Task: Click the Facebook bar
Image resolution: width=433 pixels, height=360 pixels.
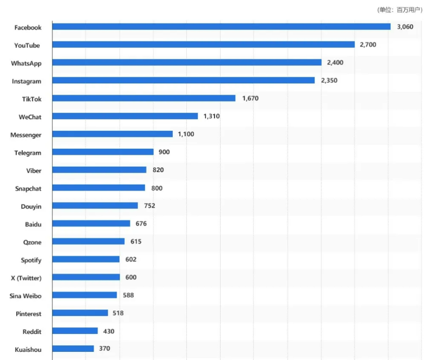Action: click(x=221, y=27)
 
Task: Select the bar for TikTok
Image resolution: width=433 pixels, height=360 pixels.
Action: click(x=144, y=98)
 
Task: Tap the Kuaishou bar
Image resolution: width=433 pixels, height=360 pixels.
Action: click(x=73, y=349)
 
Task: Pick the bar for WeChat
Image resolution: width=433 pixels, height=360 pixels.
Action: click(x=125, y=116)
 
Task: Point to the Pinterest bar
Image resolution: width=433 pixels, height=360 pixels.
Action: click(x=80, y=313)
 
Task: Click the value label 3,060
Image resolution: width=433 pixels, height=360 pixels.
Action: click(x=405, y=27)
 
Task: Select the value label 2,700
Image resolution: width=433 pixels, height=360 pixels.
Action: click(x=369, y=45)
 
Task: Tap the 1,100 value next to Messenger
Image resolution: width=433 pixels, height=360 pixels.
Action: click(x=186, y=134)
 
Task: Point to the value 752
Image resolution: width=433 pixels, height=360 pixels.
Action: click(x=149, y=206)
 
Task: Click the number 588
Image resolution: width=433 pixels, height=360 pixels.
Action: click(x=129, y=295)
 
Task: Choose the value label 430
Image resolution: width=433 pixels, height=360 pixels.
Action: click(x=108, y=331)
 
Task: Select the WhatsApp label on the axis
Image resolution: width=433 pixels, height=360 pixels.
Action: click(x=26, y=63)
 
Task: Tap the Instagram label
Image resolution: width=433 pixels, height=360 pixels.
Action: click(x=27, y=81)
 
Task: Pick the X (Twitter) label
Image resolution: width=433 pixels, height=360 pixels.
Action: click(x=26, y=278)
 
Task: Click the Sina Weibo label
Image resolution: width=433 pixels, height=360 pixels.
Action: click(x=26, y=296)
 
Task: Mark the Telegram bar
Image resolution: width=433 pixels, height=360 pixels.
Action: click(x=103, y=152)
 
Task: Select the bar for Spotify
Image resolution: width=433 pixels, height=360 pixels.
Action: click(x=86, y=259)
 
